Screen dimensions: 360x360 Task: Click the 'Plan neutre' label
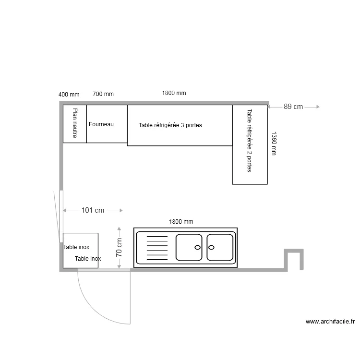75,123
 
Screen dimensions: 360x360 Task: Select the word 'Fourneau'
101,124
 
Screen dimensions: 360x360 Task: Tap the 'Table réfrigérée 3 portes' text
170,125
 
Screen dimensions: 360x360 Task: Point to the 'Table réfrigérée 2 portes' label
250,141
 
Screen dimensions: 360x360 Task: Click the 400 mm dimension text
69,95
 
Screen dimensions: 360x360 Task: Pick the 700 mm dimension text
103,94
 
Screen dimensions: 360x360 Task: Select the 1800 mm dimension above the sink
181,222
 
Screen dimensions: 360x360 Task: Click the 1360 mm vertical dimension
274,144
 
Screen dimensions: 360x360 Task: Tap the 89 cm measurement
293,107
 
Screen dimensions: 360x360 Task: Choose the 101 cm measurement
93,210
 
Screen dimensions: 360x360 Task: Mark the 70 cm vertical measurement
119,248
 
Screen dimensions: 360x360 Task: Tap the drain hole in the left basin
197,248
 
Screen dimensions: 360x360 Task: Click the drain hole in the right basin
212,248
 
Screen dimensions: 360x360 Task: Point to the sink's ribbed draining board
157,248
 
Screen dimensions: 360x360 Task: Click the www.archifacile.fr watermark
330,322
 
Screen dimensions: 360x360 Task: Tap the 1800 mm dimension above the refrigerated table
174,93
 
